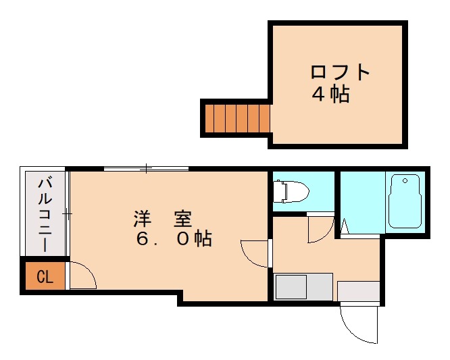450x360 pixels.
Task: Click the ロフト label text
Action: [340, 72]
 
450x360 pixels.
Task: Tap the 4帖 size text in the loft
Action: [330, 94]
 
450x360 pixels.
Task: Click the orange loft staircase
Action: [237, 118]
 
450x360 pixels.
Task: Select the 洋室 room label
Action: [162, 219]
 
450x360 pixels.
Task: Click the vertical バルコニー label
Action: [45, 213]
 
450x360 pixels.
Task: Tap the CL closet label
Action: [44, 277]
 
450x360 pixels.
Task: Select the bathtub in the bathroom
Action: [405, 201]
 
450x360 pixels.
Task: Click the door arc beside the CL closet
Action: [82, 275]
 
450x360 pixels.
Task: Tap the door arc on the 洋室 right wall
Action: [255, 253]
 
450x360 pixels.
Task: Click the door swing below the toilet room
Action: [319, 228]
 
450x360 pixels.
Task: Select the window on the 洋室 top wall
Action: [146, 168]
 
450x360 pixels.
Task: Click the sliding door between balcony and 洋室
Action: [68, 213]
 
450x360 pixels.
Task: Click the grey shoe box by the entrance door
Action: [358, 291]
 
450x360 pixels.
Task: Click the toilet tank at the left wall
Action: [278, 192]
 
